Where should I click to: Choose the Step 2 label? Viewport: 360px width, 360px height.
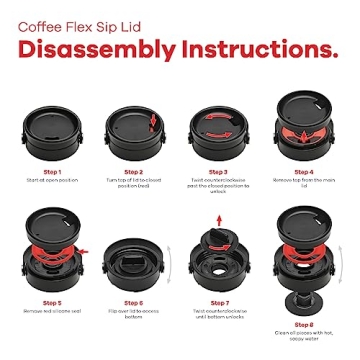click(x=135, y=170)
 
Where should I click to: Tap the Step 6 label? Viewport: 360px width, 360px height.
click(x=135, y=302)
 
